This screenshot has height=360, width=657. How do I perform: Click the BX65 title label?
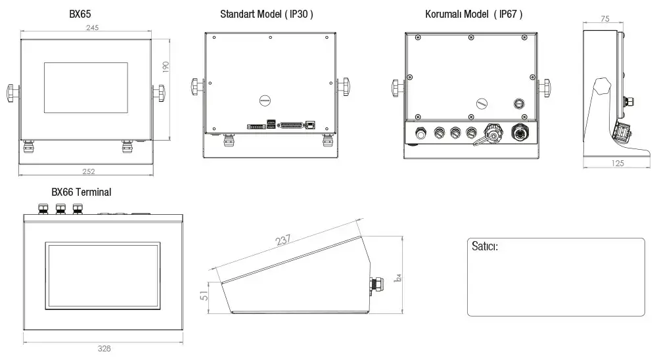[x=79, y=14]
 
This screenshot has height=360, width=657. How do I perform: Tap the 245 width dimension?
[x=93, y=28]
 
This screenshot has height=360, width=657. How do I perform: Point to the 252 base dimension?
[x=89, y=172]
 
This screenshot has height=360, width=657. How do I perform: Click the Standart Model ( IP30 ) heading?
[x=266, y=14]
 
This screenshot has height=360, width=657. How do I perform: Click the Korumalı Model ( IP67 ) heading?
[x=474, y=14]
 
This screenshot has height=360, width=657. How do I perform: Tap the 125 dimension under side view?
[x=617, y=164]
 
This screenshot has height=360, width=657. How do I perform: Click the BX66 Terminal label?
[x=81, y=192]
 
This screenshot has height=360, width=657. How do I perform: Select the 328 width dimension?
[x=104, y=348]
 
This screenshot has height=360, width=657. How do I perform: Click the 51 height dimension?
[x=204, y=297]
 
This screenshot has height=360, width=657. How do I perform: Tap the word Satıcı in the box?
[x=484, y=247]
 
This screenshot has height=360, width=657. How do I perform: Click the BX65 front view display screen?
[x=86, y=88]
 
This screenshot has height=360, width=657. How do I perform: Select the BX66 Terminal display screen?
[x=102, y=275]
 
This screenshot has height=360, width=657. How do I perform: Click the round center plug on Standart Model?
[x=265, y=101]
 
